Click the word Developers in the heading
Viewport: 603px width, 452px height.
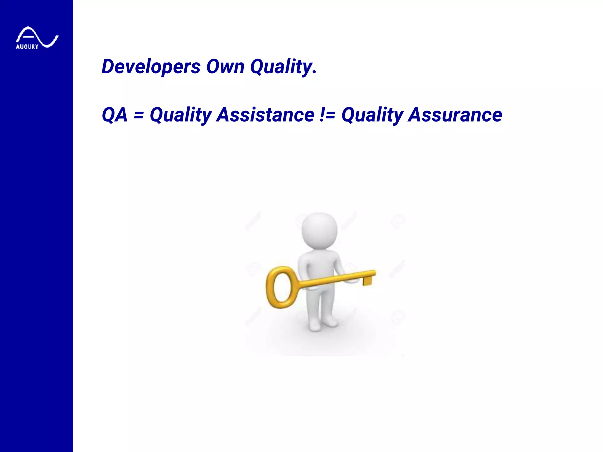click(x=151, y=67)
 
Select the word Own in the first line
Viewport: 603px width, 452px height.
click(x=225, y=67)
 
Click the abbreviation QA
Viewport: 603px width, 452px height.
click(x=115, y=114)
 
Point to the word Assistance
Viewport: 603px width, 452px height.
click(x=265, y=114)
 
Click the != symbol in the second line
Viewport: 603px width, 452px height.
click(x=327, y=114)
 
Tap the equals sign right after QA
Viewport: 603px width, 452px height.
click(x=139, y=114)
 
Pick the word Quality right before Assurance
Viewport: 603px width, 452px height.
click(x=372, y=114)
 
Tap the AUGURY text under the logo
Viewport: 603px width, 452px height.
click(x=27, y=47)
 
